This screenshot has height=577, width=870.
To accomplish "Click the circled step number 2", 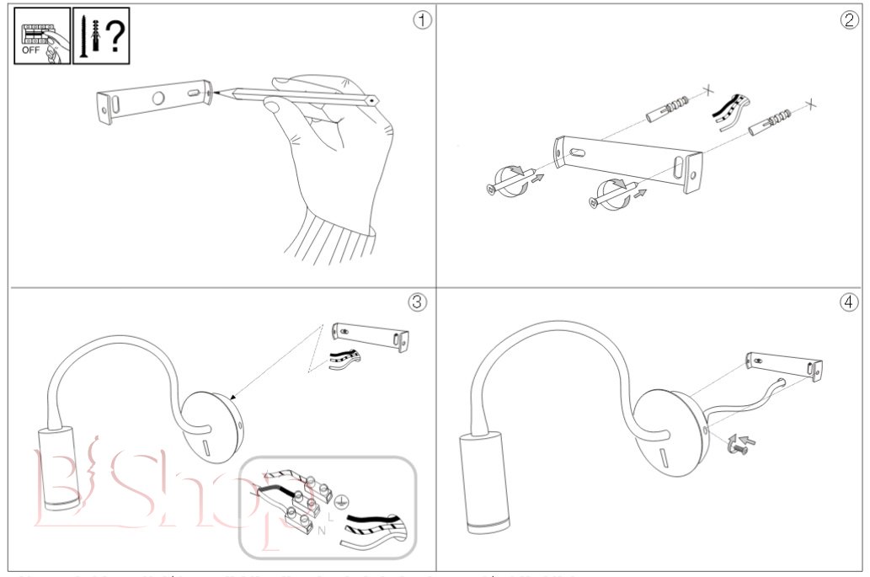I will click(x=849, y=20).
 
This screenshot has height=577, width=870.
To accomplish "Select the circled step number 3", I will click(x=417, y=301).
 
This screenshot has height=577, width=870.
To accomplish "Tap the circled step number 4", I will click(x=849, y=301).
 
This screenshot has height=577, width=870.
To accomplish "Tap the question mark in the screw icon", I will click(x=114, y=37).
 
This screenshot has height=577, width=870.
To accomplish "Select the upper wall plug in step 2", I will click(x=667, y=107).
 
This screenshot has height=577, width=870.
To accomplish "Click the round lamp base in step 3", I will click(x=212, y=425).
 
